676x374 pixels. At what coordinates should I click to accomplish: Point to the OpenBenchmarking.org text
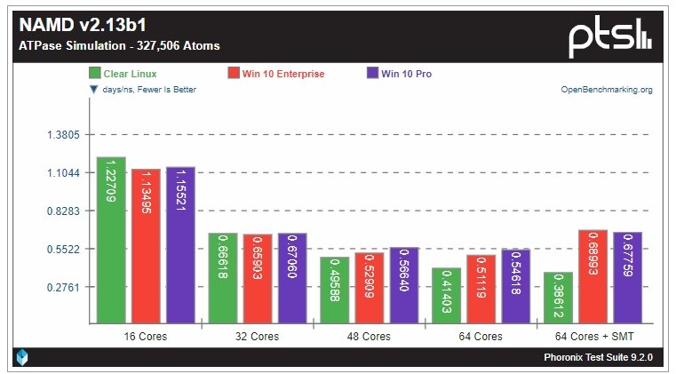click(x=607, y=90)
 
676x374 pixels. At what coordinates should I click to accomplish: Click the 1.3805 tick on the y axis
click(x=62, y=135)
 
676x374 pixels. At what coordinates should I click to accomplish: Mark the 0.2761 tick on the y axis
click(x=62, y=288)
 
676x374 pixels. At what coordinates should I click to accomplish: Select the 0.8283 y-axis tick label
click(x=62, y=211)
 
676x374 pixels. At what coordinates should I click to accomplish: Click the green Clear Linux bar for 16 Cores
click(x=111, y=241)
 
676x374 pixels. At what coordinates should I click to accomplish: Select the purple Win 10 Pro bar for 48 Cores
click(x=404, y=286)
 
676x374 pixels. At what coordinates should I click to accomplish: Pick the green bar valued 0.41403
click(x=446, y=296)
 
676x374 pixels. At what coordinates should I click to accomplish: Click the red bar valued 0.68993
click(x=592, y=277)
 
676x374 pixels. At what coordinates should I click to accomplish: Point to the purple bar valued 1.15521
click(x=180, y=246)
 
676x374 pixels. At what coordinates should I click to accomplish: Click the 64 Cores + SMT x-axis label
click(x=592, y=337)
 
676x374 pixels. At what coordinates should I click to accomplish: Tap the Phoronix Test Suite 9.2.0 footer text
click(x=598, y=357)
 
